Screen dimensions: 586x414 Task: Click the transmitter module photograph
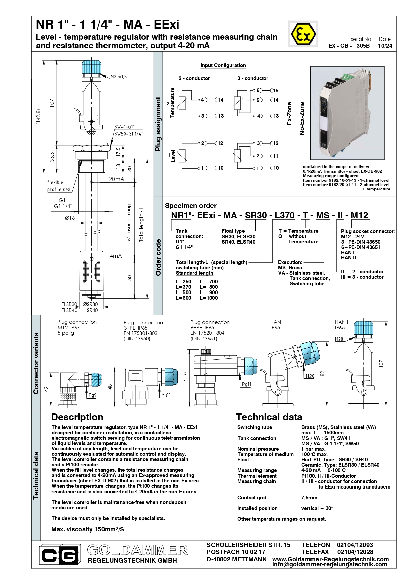347,113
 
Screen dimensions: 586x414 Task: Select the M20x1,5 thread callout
119,77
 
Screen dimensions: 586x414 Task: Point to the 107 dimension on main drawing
52,102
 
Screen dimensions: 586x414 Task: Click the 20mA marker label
116,179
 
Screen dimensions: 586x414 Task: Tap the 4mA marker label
116,256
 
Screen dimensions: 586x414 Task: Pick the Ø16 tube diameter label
70,218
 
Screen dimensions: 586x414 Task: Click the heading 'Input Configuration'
223,65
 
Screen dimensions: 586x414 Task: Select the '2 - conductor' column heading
194,78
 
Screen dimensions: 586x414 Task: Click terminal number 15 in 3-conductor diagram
276,90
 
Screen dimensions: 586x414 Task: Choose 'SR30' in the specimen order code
256,215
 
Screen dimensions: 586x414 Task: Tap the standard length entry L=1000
209,298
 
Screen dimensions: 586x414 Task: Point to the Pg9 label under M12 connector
92,395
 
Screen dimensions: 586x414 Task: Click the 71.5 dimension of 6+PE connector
185,377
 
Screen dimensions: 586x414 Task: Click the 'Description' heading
77,417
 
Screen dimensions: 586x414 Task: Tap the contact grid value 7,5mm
309,498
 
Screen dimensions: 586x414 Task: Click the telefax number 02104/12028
355,552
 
